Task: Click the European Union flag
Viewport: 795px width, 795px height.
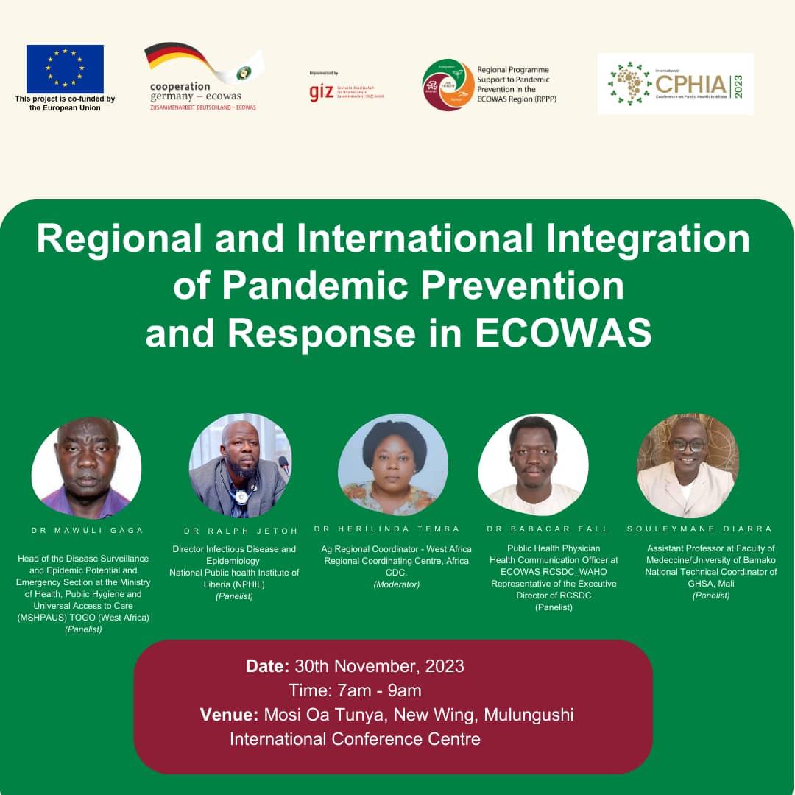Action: [65, 68]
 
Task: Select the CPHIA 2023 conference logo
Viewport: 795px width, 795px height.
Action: [675, 83]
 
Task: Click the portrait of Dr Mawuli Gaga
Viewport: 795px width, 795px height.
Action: [86, 467]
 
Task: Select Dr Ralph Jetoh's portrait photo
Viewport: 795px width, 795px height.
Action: [240, 466]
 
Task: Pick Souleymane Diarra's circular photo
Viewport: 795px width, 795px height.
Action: [687, 465]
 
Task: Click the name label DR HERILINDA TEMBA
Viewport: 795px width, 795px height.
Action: [386, 529]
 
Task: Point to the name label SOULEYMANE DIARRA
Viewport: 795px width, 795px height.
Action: [699, 529]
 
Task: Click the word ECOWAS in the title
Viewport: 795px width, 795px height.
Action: [563, 333]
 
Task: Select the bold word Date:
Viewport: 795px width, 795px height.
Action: [267, 666]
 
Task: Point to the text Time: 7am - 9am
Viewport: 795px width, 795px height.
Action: [355, 690]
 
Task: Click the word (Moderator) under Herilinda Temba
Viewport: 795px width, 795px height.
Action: [396, 584]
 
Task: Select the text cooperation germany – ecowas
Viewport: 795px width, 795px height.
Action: [195, 91]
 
